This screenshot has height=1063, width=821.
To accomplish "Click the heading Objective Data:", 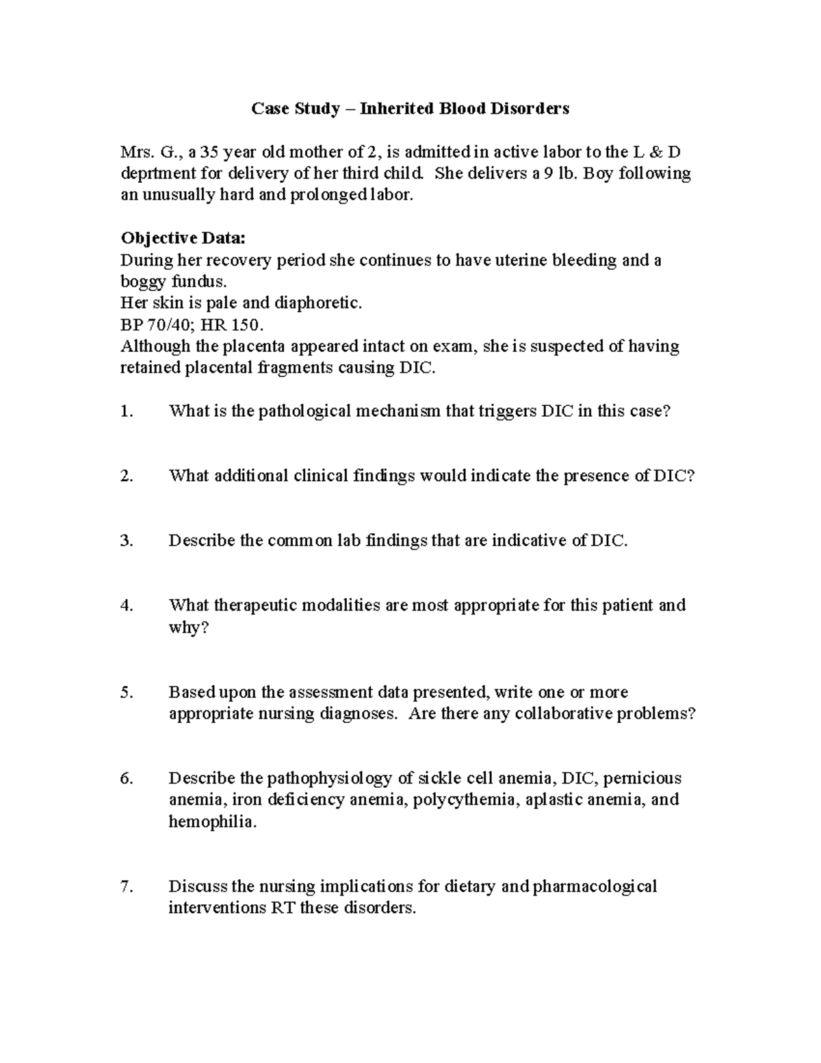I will (x=182, y=238).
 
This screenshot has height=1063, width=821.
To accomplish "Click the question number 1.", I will (x=125, y=411).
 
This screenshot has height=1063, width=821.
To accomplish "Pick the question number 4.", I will (x=125, y=606).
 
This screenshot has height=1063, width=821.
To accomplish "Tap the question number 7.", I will (x=125, y=887).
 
